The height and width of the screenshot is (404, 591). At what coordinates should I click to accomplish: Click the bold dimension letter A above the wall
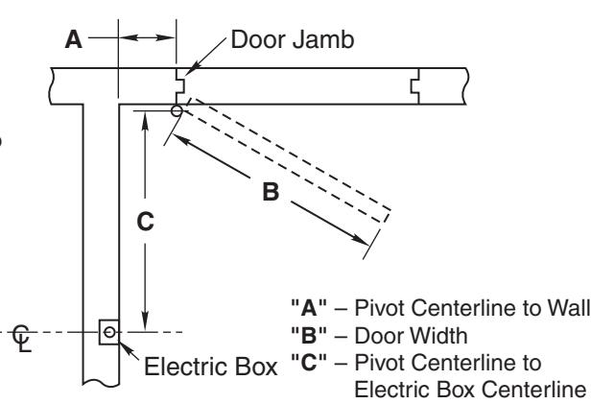click(74, 39)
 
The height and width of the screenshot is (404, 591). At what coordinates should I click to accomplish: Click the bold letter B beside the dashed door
click(271, 192)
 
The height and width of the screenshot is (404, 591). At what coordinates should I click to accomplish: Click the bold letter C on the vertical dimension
click(146, 222)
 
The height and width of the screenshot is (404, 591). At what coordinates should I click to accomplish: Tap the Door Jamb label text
click(293, 39)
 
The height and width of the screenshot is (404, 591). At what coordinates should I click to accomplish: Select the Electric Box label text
click(211, 367)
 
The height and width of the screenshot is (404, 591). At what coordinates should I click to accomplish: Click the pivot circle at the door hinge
click(177, 110)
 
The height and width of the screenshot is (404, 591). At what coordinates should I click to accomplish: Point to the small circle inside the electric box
click(109, 332)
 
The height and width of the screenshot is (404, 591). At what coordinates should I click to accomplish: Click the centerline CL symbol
click(22, 338)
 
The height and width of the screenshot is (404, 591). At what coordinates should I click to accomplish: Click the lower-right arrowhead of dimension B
click(361, 240)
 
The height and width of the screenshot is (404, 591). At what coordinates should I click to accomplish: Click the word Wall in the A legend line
click(569, 308)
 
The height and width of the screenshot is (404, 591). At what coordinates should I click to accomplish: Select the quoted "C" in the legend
click(309, 363)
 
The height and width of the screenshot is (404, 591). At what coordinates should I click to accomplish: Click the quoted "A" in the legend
click(309, 308)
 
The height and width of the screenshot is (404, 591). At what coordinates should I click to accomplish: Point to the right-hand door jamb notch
click(415, 86)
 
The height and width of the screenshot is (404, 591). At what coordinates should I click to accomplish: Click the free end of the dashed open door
click(388, 216)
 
